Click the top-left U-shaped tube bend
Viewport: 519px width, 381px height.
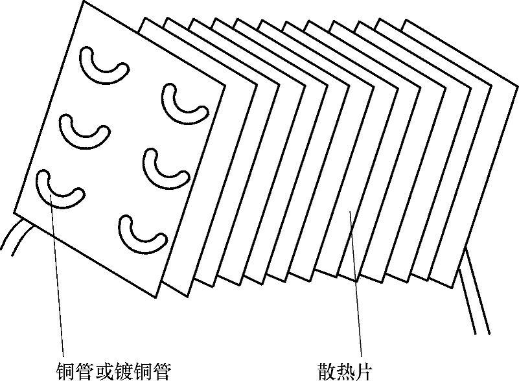[x=103, y=67]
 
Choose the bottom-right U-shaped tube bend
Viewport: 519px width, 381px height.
[x=142, y=231]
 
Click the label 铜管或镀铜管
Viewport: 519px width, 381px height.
[x=113, y=371]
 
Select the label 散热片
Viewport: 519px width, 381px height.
[x=345, y=371]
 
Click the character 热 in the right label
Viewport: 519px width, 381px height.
[x=345, y=371]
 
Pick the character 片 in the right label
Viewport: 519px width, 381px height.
[x=364, y=371]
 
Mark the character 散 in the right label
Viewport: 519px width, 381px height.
[x=327, y=371]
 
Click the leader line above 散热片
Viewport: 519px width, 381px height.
[x=356, y=285]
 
